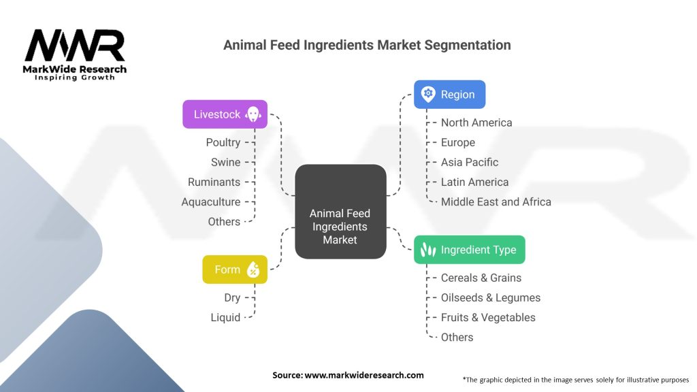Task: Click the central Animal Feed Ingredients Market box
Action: pyautogui.click(x=340, y=212)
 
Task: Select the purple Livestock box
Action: pyautogui.click(x=225, y=114)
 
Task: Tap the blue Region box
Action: pyautogui.click(x=449, y=95)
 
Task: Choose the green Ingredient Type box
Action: pyautogui.click(x=470, y=250)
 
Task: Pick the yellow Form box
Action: pyautogui.click(x=235, y=269)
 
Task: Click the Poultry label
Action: pyautogui.click(x=223, y=142)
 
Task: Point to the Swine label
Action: pyautogui.click(x=225, y=162)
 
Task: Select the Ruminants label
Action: pyautogui.click(x=214, y=182)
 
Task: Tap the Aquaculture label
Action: pyautogui.click(x=211, y=201)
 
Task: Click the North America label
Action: pyautogui.click(x=476, y=122)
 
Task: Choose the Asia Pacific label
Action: pyautogui.click(x=470, y=162)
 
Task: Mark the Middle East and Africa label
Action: pyautogui.click(x=496, y=201)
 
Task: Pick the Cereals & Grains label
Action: pyautogui.click(x=481, y=278)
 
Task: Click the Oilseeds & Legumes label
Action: pyautogui.click(x=491, y=297)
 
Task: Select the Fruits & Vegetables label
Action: pyautogui.click(x=488, y=317)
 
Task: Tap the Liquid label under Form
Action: pyautogui.click(x=225, y=317)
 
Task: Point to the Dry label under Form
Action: pyautogui.click(x=232, y=297)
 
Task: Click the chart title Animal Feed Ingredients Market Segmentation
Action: pyautogui.click(x=367, y=45)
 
